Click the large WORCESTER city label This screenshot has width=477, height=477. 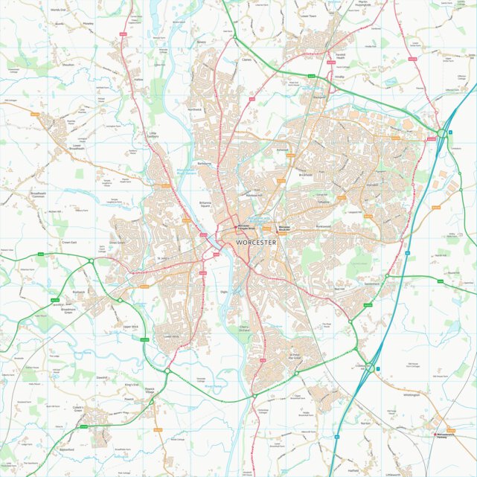pos(255,243)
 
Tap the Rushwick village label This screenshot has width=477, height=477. pos(80,292)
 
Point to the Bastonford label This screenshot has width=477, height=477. pos(67,449)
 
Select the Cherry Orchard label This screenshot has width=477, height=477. pos(243,329)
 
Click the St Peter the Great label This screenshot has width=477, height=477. pos(298,356)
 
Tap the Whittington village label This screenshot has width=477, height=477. pos(412,395)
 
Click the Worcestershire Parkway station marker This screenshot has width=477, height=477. pos(436,435)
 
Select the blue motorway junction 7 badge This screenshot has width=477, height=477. pos(378,369)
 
